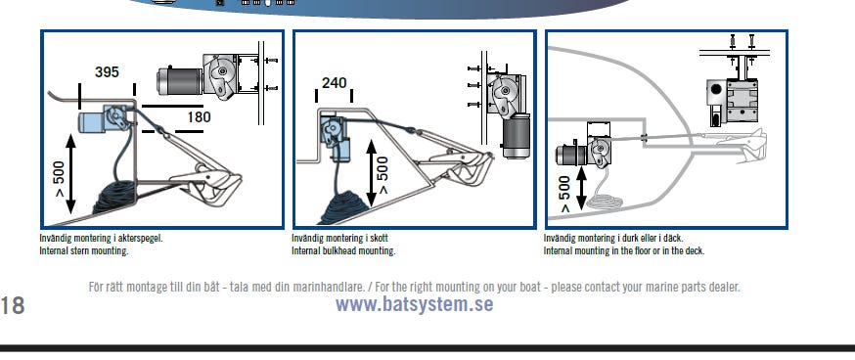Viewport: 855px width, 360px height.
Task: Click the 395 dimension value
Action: point(107,72)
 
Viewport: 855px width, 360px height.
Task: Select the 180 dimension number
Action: point(199,116)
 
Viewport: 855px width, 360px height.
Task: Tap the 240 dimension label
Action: point(334,83)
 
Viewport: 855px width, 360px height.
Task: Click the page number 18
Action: point(12,305)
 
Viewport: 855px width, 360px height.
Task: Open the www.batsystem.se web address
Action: point(415,304)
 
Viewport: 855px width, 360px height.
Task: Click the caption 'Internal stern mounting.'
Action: point(84,250)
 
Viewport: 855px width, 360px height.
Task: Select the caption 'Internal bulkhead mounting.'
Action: point(343,250)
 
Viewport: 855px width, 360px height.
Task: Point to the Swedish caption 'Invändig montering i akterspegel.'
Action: point(102,239)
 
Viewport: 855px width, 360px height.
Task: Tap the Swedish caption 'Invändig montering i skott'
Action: point(339,239)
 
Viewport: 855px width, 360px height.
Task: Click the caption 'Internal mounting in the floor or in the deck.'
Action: point(624,250)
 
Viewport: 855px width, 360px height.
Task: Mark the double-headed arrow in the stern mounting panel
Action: point(70,173)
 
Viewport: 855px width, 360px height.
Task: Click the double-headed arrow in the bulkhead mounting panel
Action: point(372,173)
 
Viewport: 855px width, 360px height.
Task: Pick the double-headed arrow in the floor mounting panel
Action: point(581,189)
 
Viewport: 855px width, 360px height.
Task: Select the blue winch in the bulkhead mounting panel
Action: point(335,136)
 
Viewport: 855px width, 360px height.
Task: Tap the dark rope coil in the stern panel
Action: point(115,198)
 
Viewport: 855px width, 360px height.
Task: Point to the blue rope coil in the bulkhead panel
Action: point(343,208)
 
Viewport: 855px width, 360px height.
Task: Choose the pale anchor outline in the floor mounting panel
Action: point(742,144)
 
